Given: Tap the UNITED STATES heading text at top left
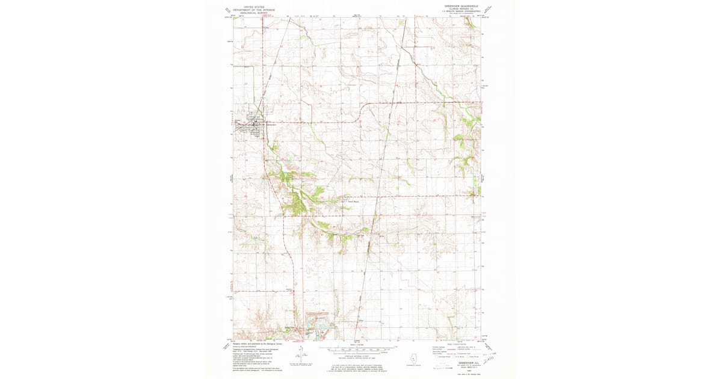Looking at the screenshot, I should (254, 4).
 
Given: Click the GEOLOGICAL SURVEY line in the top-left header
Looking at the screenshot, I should (254, 13).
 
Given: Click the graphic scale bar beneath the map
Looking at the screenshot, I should (357, 348).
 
